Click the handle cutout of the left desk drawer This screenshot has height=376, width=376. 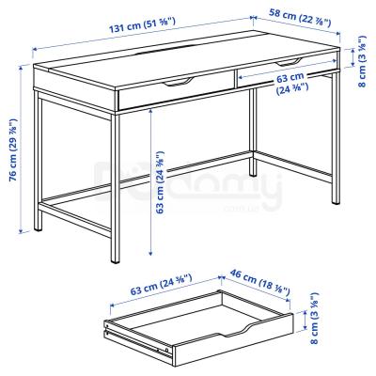179,86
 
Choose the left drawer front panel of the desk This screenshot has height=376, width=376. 174,93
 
